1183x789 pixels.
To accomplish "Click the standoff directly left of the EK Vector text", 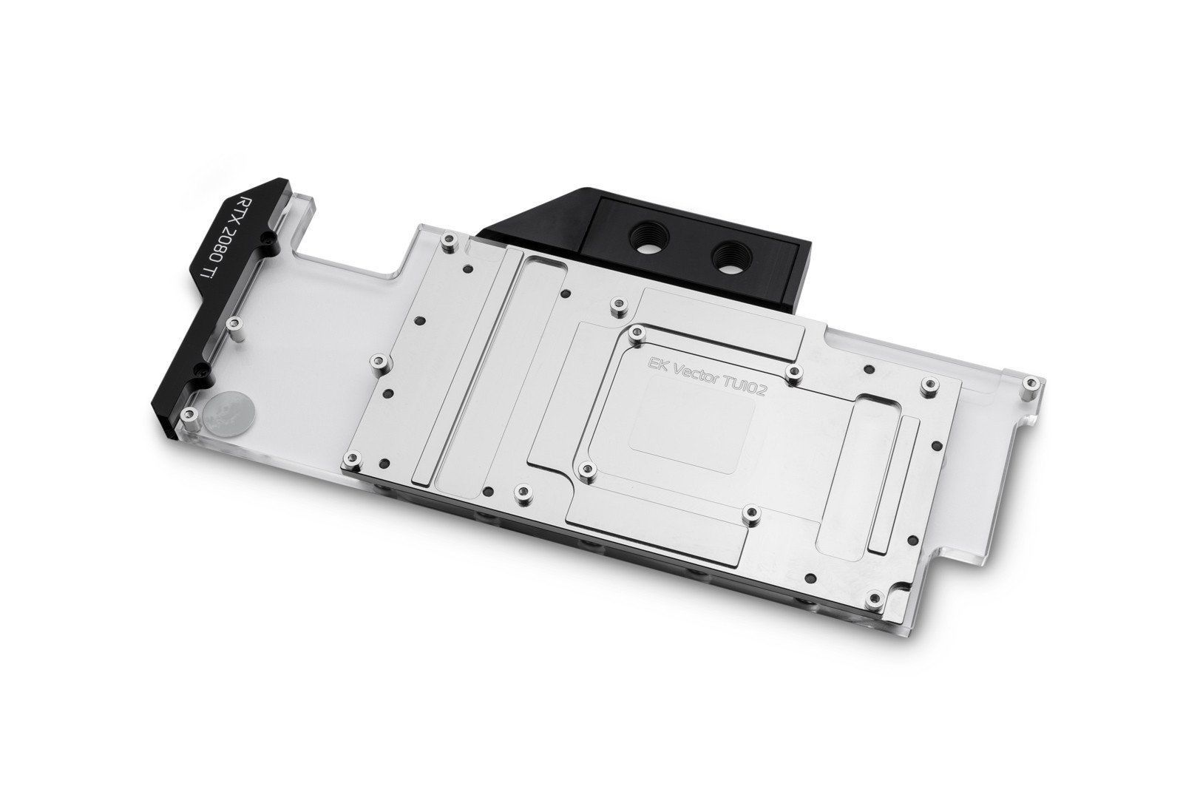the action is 637,333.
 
